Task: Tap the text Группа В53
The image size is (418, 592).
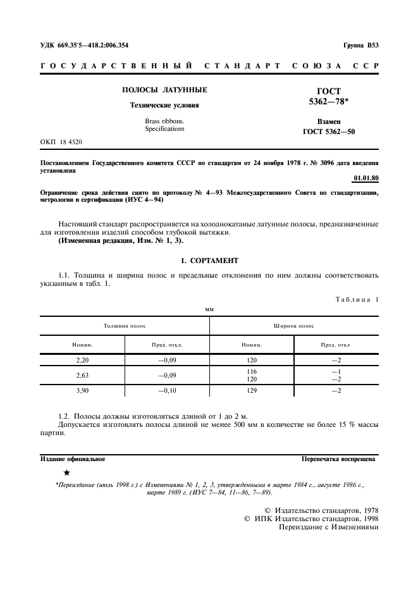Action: (360, 46)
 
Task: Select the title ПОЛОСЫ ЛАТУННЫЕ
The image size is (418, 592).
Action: (164, 90)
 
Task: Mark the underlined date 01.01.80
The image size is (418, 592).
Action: (366, 179)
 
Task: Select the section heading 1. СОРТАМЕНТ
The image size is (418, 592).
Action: (209, 261)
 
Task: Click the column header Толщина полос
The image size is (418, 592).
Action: (125, 326)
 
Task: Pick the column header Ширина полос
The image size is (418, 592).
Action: (294, 326)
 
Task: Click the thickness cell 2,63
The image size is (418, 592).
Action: (83, 375)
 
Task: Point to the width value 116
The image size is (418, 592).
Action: (252, 371)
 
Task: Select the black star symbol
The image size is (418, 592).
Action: (67, 472)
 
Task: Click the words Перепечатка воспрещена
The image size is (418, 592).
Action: (338, 459)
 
